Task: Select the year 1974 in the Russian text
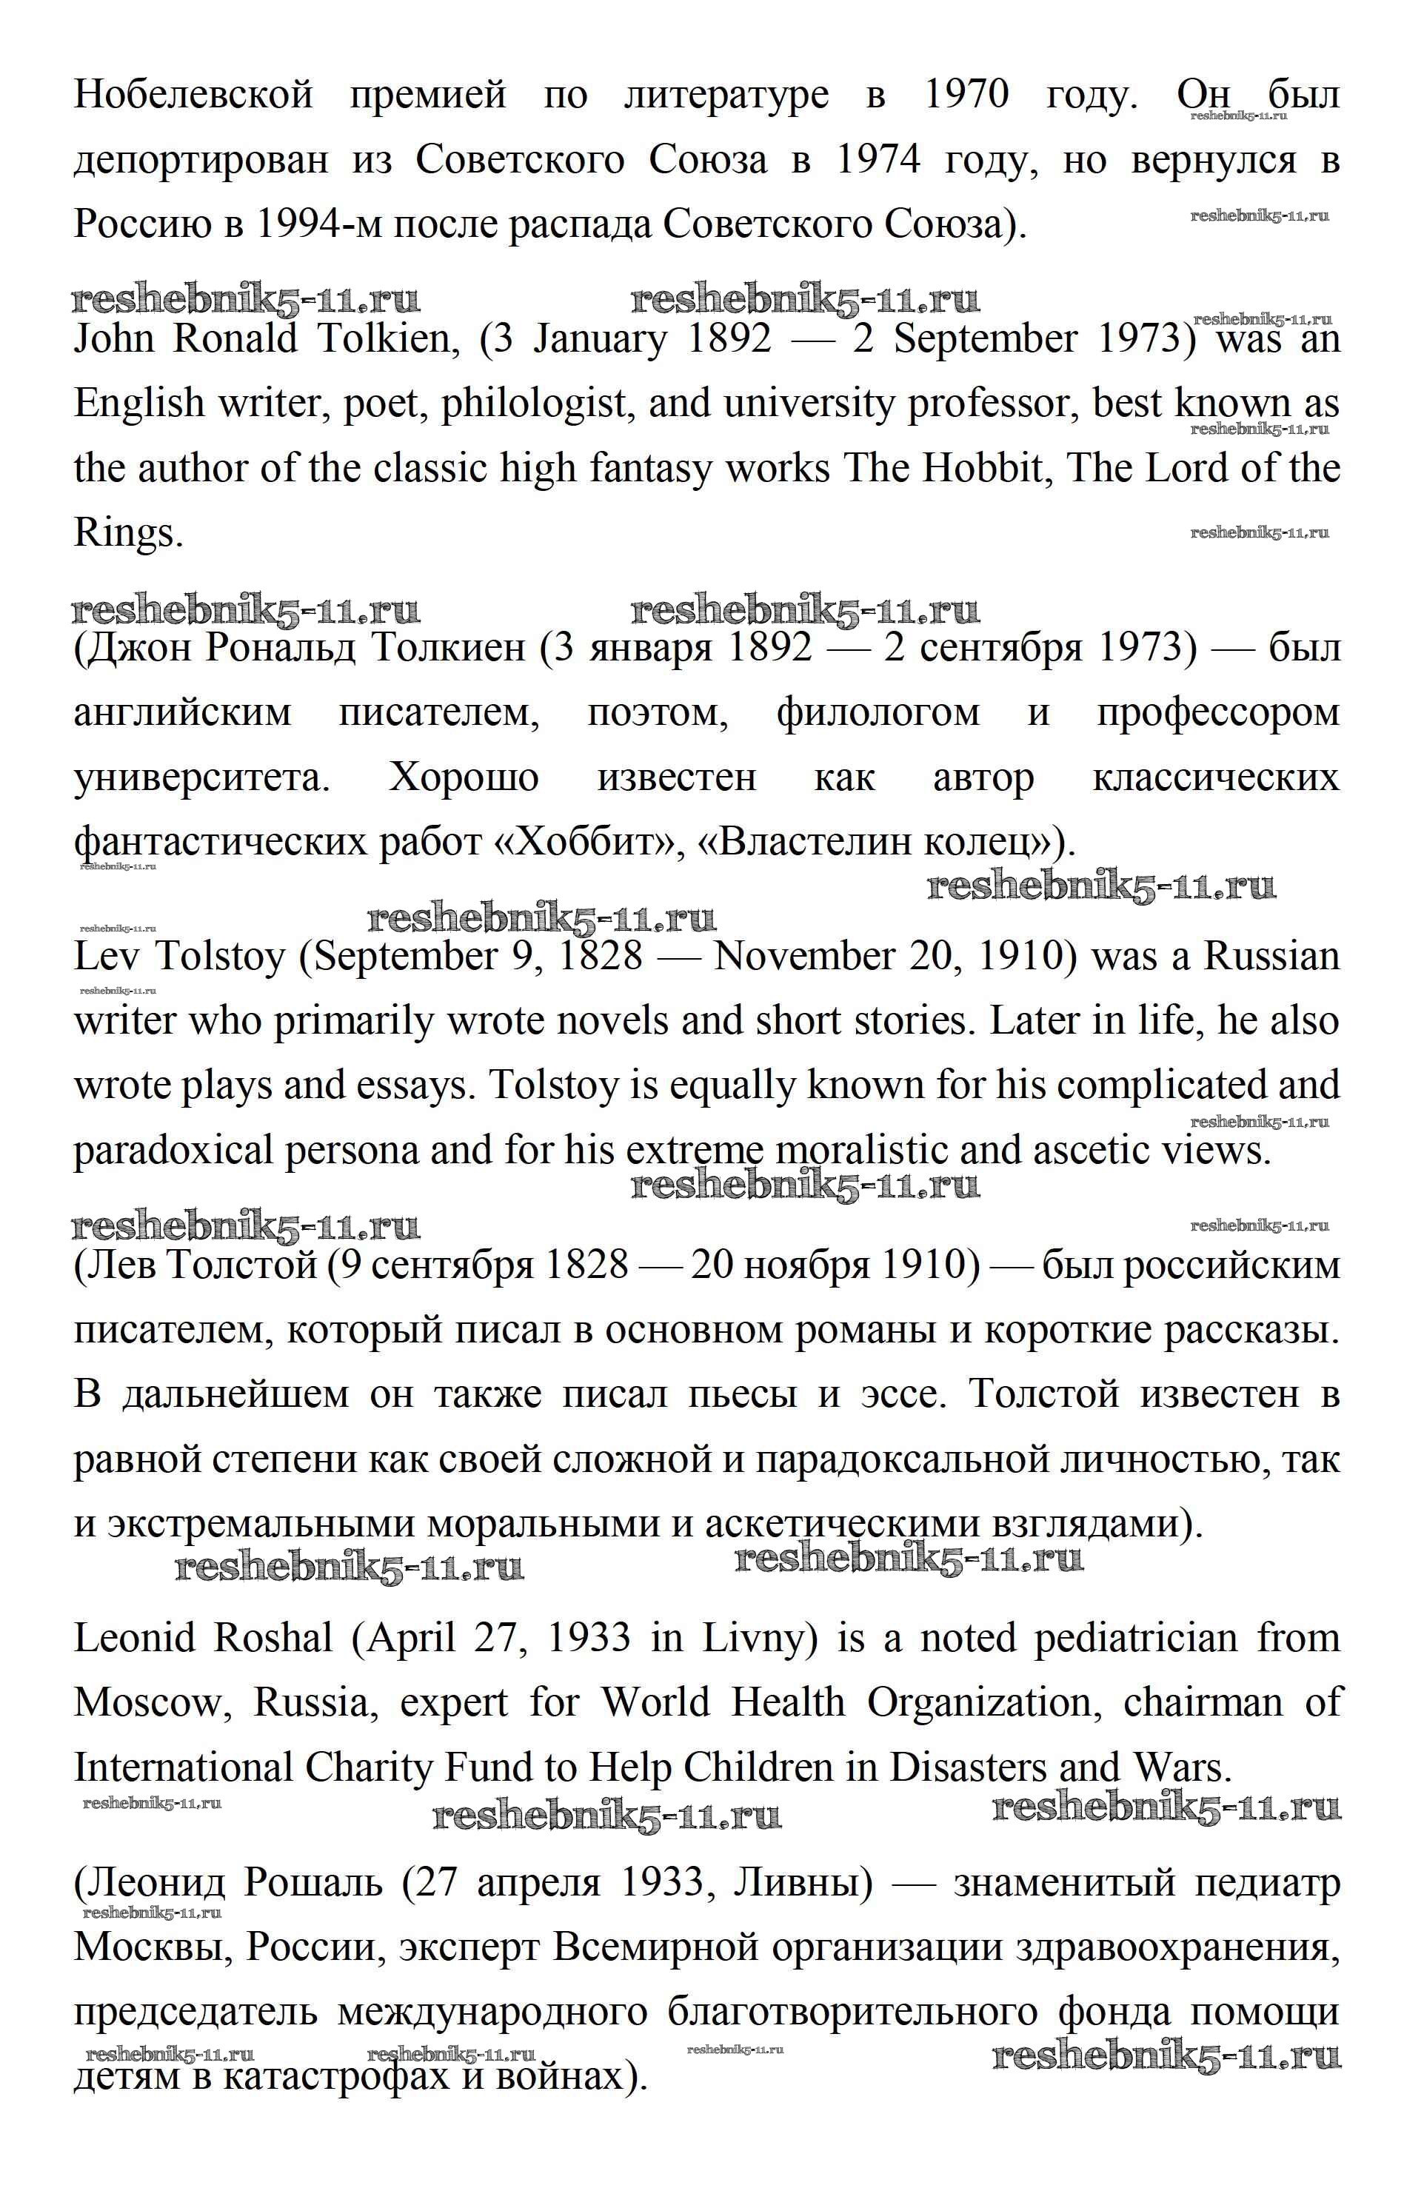[878, 160]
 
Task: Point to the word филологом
[878, 713]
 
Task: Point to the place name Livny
[760, 1639]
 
